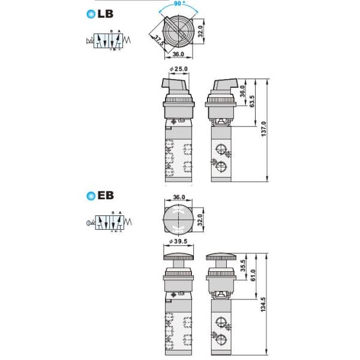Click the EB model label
105,195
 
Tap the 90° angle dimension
178,4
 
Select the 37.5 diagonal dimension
158,41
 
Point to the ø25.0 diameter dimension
179,70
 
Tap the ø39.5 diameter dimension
179,241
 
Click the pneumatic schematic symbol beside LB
110,42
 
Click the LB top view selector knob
178,29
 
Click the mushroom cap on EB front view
178,257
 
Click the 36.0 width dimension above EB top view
178,197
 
